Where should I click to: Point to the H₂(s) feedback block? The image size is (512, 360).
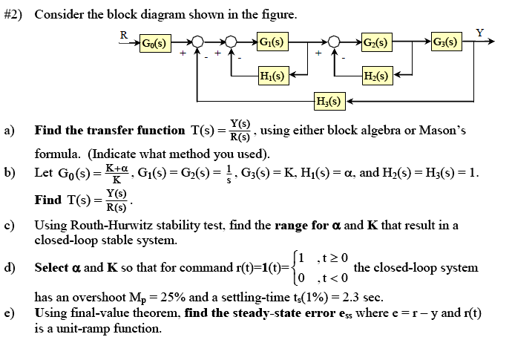click(x=376, y=75)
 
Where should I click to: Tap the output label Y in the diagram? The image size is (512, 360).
click(x=480, y=33)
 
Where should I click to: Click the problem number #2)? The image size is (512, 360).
click(x=13, y=14)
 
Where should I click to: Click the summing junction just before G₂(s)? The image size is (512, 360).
click(x=335, y=43)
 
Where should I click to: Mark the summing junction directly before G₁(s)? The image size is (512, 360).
click(x=232, y=43)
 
